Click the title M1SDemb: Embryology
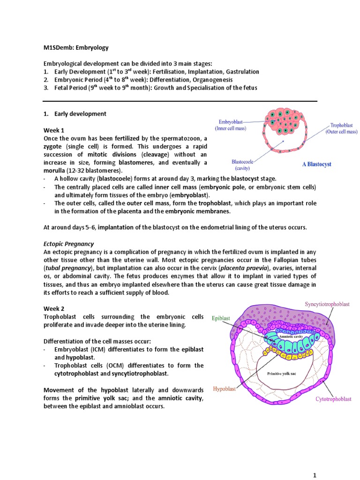(75, 47)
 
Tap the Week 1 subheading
(53, 130)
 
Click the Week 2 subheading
(54, 308)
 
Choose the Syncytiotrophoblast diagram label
(327, 304)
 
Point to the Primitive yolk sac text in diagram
(281, 374)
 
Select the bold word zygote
(53, 146)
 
